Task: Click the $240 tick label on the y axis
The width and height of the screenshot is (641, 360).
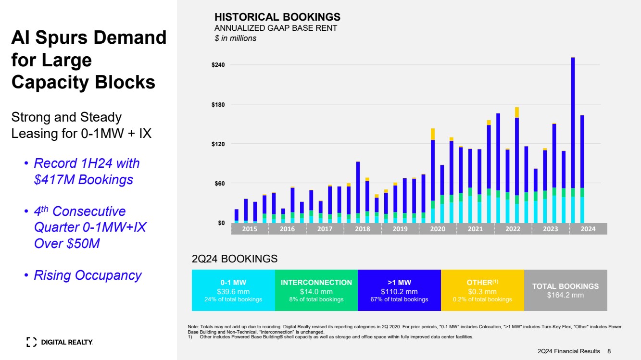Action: (x=218, y=65)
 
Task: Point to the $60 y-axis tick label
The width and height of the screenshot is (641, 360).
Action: (x=220, y=183)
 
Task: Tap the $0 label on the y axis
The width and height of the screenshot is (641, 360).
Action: (x=221, y=223)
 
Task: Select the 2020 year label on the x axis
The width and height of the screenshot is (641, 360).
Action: (x=438, y=229)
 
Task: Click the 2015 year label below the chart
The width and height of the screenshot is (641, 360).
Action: (x=250, y=229)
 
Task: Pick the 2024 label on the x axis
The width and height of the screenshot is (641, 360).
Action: (x=588, y=229)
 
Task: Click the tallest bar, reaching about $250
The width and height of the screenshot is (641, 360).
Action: (x=573, y=135)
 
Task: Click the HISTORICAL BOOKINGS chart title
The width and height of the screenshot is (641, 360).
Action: (x=277, y=17)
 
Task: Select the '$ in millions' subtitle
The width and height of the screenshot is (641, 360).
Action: (x=235, y=38)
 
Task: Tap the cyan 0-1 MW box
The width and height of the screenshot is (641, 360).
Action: (x=233, y=290)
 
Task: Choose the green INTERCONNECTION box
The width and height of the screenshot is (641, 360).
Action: (x=316, y=290)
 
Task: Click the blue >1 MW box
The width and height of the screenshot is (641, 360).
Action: (x=399, y=290)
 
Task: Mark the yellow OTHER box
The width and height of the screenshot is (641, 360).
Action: (x=482, y=290)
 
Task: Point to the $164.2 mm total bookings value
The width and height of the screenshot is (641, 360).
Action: (x=565, y=295)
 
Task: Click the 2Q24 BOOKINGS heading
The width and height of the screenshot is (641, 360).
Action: (x=235, y=259)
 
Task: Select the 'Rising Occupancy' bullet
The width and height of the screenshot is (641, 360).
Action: (x=88, y=275)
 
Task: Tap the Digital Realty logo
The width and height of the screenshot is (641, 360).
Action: (x=60, y=342)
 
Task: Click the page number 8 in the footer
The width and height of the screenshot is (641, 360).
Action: (x=609, y=351)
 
